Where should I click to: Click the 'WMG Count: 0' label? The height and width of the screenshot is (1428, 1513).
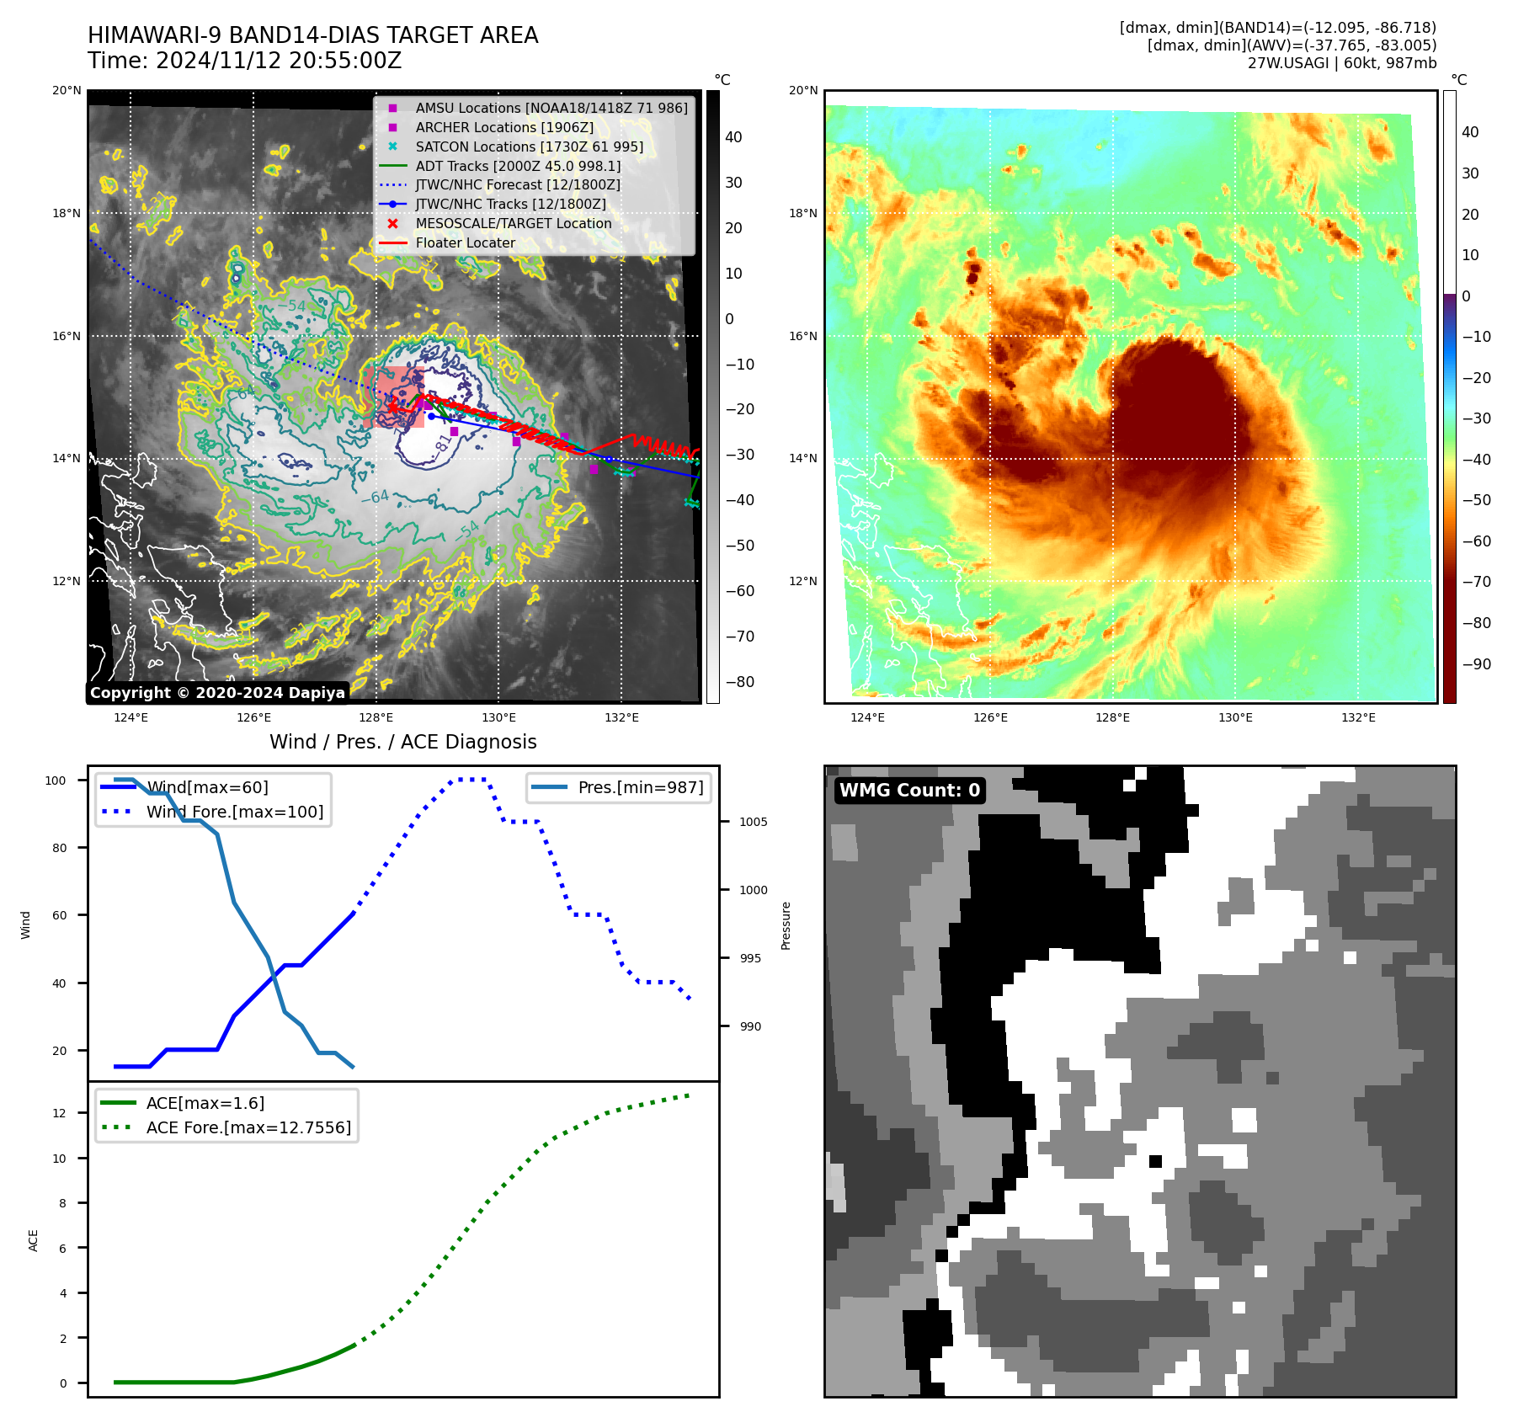[909, 790]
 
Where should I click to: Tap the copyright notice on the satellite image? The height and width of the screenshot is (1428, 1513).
[217, 693]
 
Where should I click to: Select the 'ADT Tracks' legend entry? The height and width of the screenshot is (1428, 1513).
[518, 166]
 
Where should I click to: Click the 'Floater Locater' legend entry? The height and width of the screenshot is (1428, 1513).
[465, 242]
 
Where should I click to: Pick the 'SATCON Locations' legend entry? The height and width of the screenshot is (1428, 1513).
[529, 147]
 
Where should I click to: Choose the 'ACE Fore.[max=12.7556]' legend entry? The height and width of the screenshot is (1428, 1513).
[248, 1127]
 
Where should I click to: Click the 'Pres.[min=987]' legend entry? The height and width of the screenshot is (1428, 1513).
[641, 787]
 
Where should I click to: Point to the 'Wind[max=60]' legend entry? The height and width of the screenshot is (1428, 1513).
[207, 787]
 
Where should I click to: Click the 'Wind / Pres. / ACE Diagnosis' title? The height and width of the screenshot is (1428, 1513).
[402, 742]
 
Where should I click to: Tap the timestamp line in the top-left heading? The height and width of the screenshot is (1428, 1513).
[244, 61]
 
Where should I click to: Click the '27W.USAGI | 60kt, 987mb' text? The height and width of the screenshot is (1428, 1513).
[1341, 63]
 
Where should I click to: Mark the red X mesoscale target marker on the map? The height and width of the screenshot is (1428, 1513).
[392, 407]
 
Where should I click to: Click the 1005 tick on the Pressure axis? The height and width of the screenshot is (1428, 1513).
[754, 822]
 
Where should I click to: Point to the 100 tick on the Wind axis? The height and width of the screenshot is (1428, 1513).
[56, 781]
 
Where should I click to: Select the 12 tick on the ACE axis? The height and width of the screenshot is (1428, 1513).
[59, 1113]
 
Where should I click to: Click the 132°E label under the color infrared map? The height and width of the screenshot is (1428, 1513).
[1358, 717]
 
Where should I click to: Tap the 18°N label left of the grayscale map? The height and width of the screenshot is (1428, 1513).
[67, 213]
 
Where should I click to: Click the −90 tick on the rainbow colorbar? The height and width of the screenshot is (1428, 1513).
[1476, 664]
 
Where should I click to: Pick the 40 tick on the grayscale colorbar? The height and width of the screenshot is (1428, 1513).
[733, 137]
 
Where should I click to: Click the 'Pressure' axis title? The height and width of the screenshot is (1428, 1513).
[786, 925]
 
